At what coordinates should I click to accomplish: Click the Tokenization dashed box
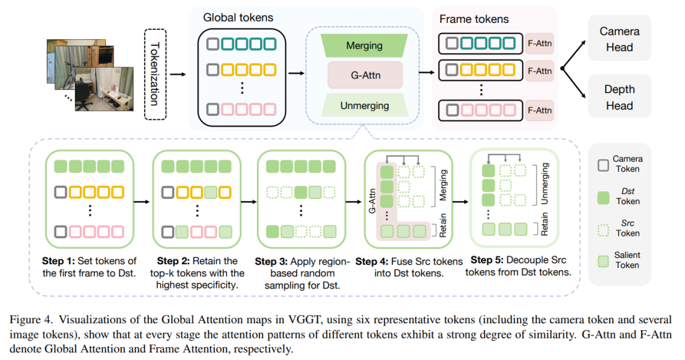coord(155,74)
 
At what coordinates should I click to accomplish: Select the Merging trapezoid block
coord(364,46)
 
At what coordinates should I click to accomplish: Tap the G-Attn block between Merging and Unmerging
coord(365,75)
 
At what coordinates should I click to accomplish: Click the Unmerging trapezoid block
coord(364,106)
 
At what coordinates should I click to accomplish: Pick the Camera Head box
coord(620,39)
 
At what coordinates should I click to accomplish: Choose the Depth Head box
coord(620,97)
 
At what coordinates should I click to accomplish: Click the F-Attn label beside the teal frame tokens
coord(540,43)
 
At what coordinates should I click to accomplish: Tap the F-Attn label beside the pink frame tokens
coord(540,110)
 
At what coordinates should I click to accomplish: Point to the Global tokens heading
coord(238,18)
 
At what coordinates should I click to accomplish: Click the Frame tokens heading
coord(474,19)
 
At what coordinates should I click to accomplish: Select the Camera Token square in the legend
coord(603,165)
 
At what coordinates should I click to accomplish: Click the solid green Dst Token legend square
coord(603,198)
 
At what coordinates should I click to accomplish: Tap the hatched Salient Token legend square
coord(603,261)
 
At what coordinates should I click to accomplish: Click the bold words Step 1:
coord(58,261)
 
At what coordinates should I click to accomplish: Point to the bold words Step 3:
coord(271,262)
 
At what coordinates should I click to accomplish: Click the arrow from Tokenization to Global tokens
coord(178,74)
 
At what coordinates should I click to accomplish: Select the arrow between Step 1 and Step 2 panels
coord(141,202)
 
